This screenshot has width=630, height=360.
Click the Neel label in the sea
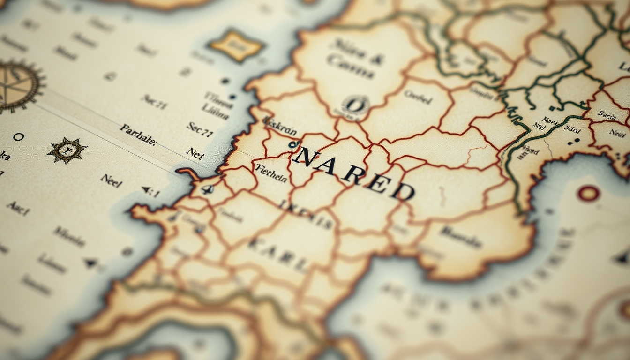point(111,180)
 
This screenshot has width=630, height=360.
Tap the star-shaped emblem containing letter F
point(67,150)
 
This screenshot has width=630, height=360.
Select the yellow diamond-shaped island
point(236,46)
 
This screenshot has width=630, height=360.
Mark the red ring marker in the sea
point(588,193)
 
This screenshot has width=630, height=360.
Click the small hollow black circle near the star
point(18,137)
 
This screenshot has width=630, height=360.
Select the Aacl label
point(18,208)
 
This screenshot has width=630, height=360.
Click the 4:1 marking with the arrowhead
point(151,191)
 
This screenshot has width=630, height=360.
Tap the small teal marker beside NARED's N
point(294,144)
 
